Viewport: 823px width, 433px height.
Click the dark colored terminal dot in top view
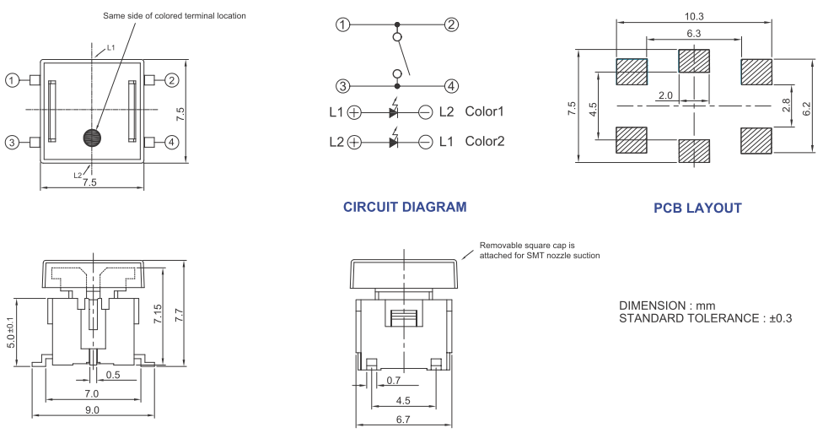click(92, 138)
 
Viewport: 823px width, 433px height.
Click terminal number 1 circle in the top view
click(13, 80)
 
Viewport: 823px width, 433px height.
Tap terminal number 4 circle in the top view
click(172, 142)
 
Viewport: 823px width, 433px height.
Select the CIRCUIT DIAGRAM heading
click(405, 207)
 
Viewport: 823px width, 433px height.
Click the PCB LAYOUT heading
click(697, 208)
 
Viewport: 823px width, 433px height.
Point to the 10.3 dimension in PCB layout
click(695, 16)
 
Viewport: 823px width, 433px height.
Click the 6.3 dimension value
click(695, 33)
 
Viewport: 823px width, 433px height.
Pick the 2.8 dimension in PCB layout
click(786, 105)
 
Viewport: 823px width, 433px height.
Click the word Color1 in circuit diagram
click(484, 111)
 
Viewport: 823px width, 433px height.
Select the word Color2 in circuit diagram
click(484, 141)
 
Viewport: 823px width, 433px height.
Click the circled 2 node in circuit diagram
click(452, 24)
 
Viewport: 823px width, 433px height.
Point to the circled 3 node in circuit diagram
click(342, 85)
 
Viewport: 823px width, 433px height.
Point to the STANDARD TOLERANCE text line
click(707, 318)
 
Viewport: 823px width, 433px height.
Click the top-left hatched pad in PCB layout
click(631, 71)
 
